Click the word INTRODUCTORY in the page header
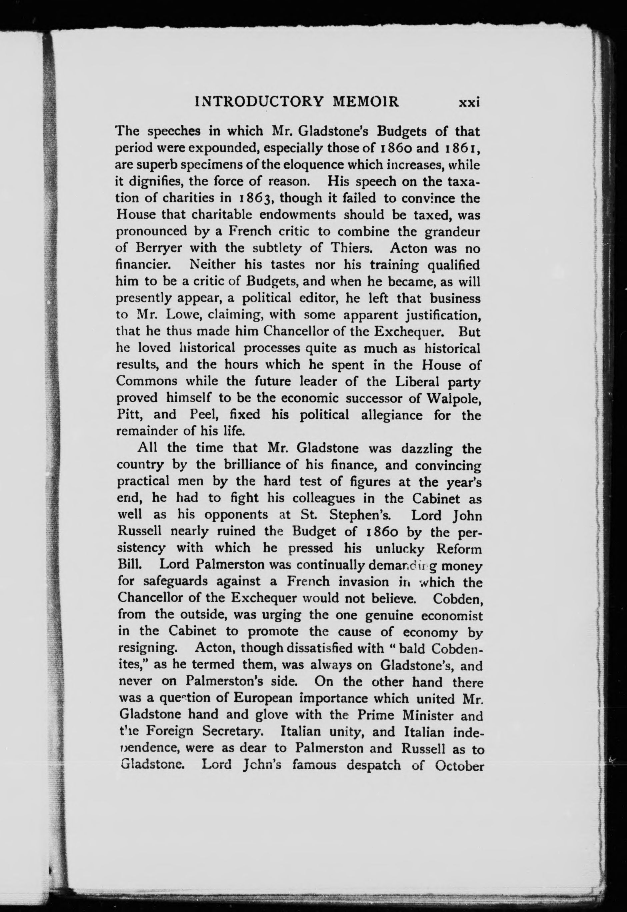click(x=259, y=102)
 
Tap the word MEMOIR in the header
click(x=366, y=102)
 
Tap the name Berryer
click(x=159, y=248)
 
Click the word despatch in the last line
click(x=373, y=765)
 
